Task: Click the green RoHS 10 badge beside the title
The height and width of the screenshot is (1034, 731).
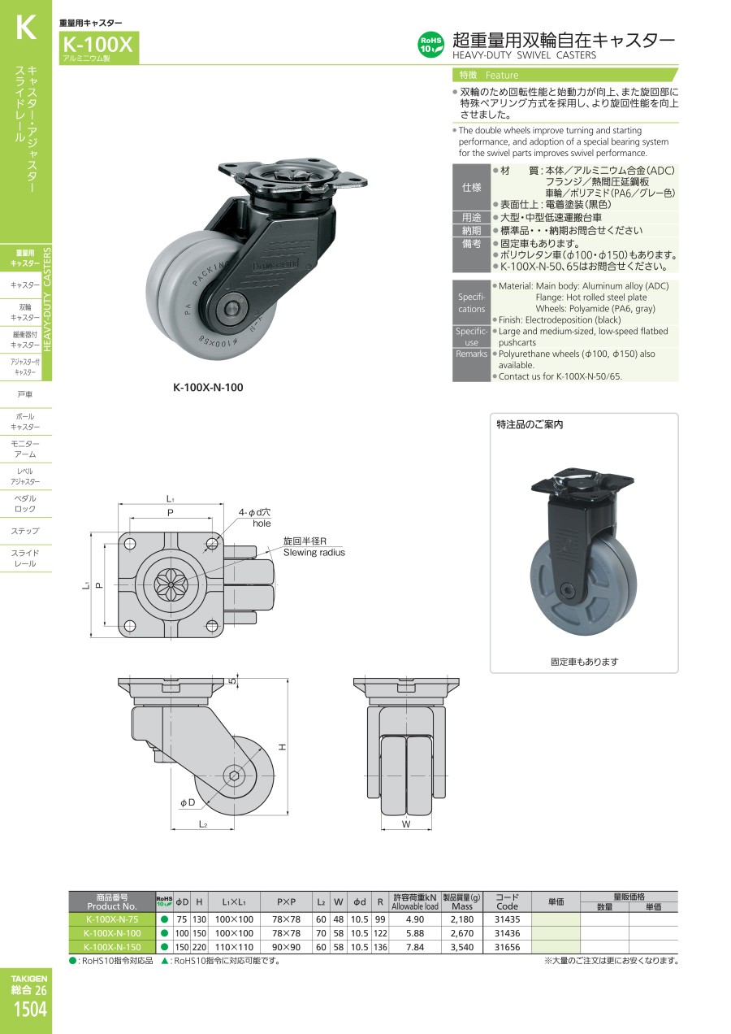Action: tap(430, 45)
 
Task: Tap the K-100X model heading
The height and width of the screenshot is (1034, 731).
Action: tap(97, 45)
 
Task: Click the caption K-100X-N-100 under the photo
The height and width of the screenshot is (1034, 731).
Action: tap(208, 387)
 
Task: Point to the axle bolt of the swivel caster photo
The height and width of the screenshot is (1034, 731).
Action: tap(231, 307)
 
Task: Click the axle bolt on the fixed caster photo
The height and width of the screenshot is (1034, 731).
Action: tap(567, 589)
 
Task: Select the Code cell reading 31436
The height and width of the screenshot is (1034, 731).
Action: tap(507, 933)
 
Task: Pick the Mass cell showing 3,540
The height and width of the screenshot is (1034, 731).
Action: tap(461, 947)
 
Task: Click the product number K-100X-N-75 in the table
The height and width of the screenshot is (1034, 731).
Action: tap(112, 919)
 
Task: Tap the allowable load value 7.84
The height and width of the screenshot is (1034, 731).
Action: tap(414, 947)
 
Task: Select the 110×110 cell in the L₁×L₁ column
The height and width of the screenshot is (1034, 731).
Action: tap(234, 947)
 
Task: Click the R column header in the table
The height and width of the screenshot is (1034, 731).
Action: tap(380, 901)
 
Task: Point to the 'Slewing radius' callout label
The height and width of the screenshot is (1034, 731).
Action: tap(314, 552)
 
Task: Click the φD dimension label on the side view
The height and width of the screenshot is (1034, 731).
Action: tap(188, 802)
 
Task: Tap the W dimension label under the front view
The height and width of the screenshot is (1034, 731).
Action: tap(406, 824)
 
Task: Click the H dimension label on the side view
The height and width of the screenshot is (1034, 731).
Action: tap(283, 746)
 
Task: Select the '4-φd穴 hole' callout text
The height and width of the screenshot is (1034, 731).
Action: tap(255, 518)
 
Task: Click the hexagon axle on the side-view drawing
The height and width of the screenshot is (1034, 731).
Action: tap(231, 775)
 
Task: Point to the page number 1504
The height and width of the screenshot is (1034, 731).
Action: tap(30, 1010)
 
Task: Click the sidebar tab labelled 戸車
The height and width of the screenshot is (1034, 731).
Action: tap(25, 394)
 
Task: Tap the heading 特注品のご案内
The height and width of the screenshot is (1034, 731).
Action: tap(530, 424)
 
